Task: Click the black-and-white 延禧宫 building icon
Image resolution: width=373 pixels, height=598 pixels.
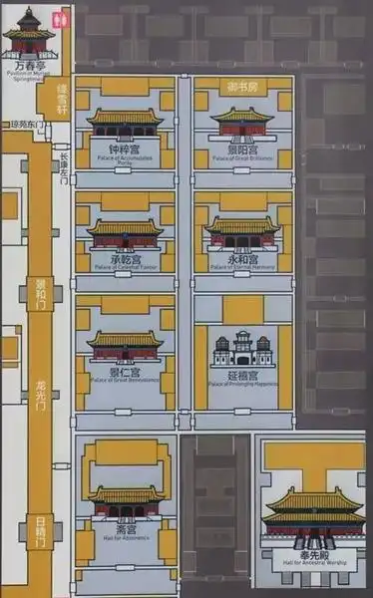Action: click(x=242, y=348)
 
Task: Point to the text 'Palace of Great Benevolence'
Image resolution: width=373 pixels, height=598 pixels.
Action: click(x=125, y=380)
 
